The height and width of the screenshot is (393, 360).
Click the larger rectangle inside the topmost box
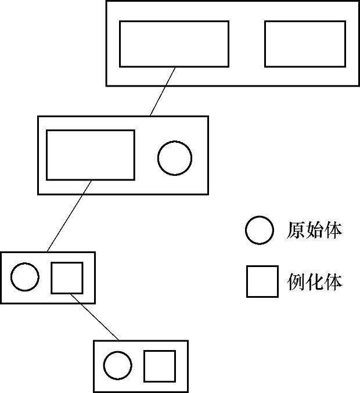pyautogui.click(x=174, y=44)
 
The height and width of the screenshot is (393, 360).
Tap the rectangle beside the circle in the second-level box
pyautogui.click(x=90, y=154)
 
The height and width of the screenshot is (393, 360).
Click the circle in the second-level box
pyautogui.click(x=175, y=158)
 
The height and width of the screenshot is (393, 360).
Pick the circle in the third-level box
pyautogui.click(x=25, y=277)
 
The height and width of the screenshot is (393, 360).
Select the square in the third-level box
pyautogui.click(x=67, y=277)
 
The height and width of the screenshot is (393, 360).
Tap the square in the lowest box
pyautogui.click(x=160, y=366)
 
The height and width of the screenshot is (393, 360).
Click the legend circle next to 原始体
pyautogui.click(x=259, y=230)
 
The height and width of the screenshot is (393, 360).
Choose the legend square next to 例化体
pyautogui.click(x=262, y=282)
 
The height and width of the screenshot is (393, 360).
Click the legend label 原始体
pyautogui.click(x=314, y=230)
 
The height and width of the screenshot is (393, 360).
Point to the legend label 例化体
pyautogui.click(x=314, y=282)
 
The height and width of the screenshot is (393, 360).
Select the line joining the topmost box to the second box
pyautogui.click(x=163, y=91)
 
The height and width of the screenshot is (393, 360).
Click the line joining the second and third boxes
pyautogui.click(x=69, y=216)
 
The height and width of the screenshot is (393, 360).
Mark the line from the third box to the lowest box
pyautogui.click(x=95, y=317)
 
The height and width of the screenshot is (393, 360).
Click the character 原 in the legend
pyautogui.click(x=296, y=230)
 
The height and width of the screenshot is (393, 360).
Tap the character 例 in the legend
pyautogui.click(x=296, y=282)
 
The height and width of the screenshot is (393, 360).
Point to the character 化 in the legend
pyautogui.click(x=314, y=282)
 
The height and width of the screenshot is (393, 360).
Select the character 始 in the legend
pyautogui.click(x=314, y=230)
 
